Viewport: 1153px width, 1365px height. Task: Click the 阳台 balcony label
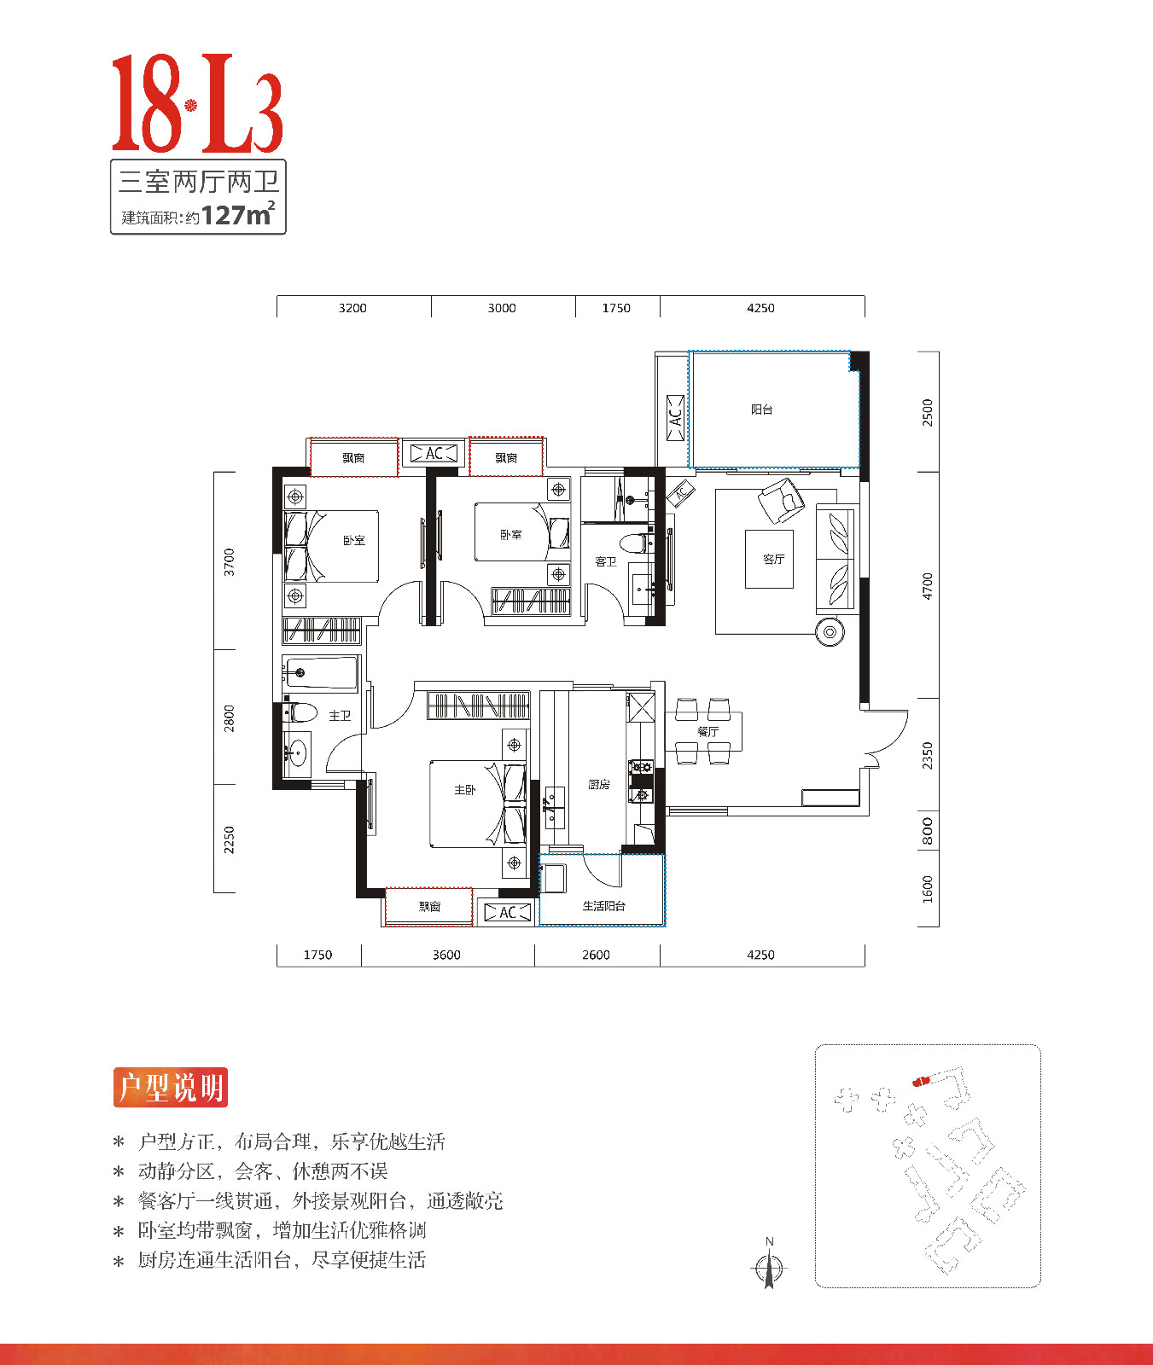click(x=761, y=409)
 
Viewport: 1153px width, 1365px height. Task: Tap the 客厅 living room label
click(x=773, y=559)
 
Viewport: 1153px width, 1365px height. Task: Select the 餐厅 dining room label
click(x=708, y=731)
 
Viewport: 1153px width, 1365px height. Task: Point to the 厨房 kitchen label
click(x=598, y=784)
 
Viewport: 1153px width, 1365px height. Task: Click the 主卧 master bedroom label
click(x=464, y=790)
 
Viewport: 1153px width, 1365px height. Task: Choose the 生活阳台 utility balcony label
click(x=603, y=906)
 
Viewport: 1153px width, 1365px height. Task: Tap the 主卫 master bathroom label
click(x=340, y=716)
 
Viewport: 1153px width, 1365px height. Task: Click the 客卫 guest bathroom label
click(x=605, y=561)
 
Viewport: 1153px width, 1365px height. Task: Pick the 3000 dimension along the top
click(x=502, y=308)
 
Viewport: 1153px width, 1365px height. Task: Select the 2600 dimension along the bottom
click(x=596, y=955)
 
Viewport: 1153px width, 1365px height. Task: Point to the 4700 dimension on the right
click(x=928, y=585)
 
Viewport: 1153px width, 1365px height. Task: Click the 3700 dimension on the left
click(x=229, y=561)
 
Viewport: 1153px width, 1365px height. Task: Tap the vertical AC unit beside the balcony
click(x=675, y=418)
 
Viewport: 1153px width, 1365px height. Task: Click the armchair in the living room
click(x=781, y=500)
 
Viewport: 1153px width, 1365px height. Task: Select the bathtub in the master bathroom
click(x=321, y=673)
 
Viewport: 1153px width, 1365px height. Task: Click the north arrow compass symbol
click(x=769, y=1269)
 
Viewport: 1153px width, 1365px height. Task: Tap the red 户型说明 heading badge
click(x=171, y=1088)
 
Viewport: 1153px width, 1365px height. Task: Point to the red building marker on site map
click(x=921, y=1081)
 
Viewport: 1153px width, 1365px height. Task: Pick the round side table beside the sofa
click(x=829, y=632)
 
